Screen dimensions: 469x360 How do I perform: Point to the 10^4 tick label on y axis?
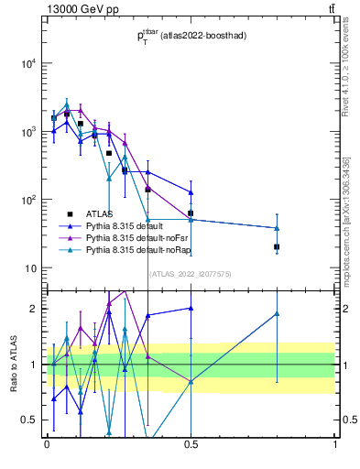point(27,63)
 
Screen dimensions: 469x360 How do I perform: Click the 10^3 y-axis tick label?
point(27,132)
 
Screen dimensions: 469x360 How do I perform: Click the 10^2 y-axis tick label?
point(27,200)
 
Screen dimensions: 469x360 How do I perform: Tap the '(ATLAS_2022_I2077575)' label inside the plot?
point(191,274)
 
